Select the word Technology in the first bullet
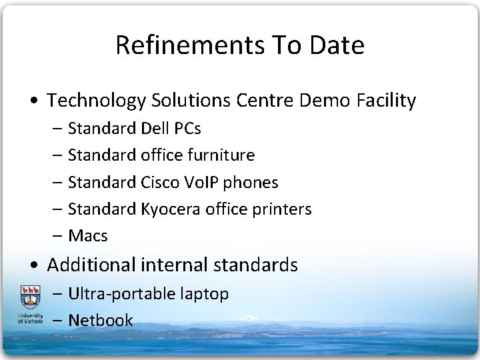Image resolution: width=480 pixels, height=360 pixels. point(97,101)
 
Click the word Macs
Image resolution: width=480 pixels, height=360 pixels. point(88,236)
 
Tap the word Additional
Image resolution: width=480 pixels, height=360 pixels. point(91,265)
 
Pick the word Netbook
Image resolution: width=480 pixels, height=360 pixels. point(101,320)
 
